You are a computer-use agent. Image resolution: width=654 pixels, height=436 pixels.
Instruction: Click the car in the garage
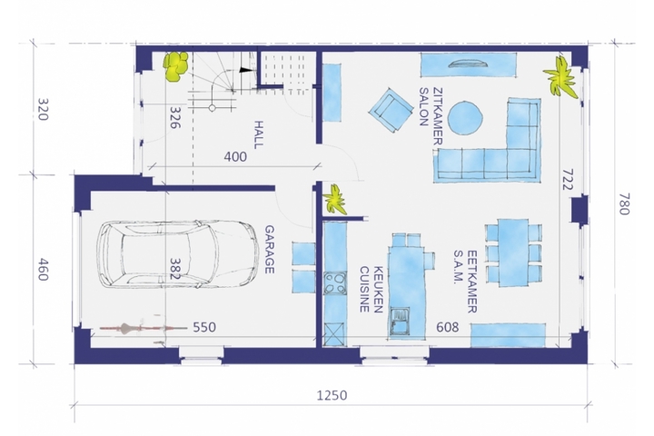pos(178,254)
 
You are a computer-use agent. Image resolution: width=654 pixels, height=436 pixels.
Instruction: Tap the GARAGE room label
pos(270,250)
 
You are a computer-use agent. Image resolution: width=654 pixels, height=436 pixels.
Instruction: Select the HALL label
pos(259,134)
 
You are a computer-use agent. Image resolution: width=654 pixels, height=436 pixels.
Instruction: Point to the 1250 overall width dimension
pos(332,395)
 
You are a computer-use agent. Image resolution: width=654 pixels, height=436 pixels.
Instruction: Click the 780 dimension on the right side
pos(623,203)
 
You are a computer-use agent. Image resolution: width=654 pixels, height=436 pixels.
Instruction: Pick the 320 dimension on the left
pos(43,109)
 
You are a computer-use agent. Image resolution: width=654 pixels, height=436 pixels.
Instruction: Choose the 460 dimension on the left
pos(43,270)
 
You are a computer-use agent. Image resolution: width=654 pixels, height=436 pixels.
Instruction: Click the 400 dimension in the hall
pos(235,157)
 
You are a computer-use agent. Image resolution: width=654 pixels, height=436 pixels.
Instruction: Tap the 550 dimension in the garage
pos(204,327)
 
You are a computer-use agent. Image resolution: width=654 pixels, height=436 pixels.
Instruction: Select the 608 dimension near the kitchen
pos(448,327)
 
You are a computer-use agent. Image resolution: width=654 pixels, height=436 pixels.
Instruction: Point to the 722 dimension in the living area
pos(567,180)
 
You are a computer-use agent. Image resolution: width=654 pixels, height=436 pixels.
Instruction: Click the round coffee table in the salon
pos(465,118)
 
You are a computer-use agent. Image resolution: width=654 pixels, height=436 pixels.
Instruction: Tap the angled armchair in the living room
pos(389,110)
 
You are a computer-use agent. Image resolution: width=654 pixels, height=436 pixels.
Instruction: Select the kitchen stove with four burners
pos(335,282)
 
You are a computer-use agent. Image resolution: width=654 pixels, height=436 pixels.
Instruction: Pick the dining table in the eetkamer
pos(513,252)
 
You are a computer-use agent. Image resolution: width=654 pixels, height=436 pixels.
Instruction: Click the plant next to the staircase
pos(176,66)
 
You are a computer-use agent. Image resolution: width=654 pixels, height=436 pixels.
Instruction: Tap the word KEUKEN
pos(379,290)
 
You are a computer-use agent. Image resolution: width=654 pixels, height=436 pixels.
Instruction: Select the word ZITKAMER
pos(438,116)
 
